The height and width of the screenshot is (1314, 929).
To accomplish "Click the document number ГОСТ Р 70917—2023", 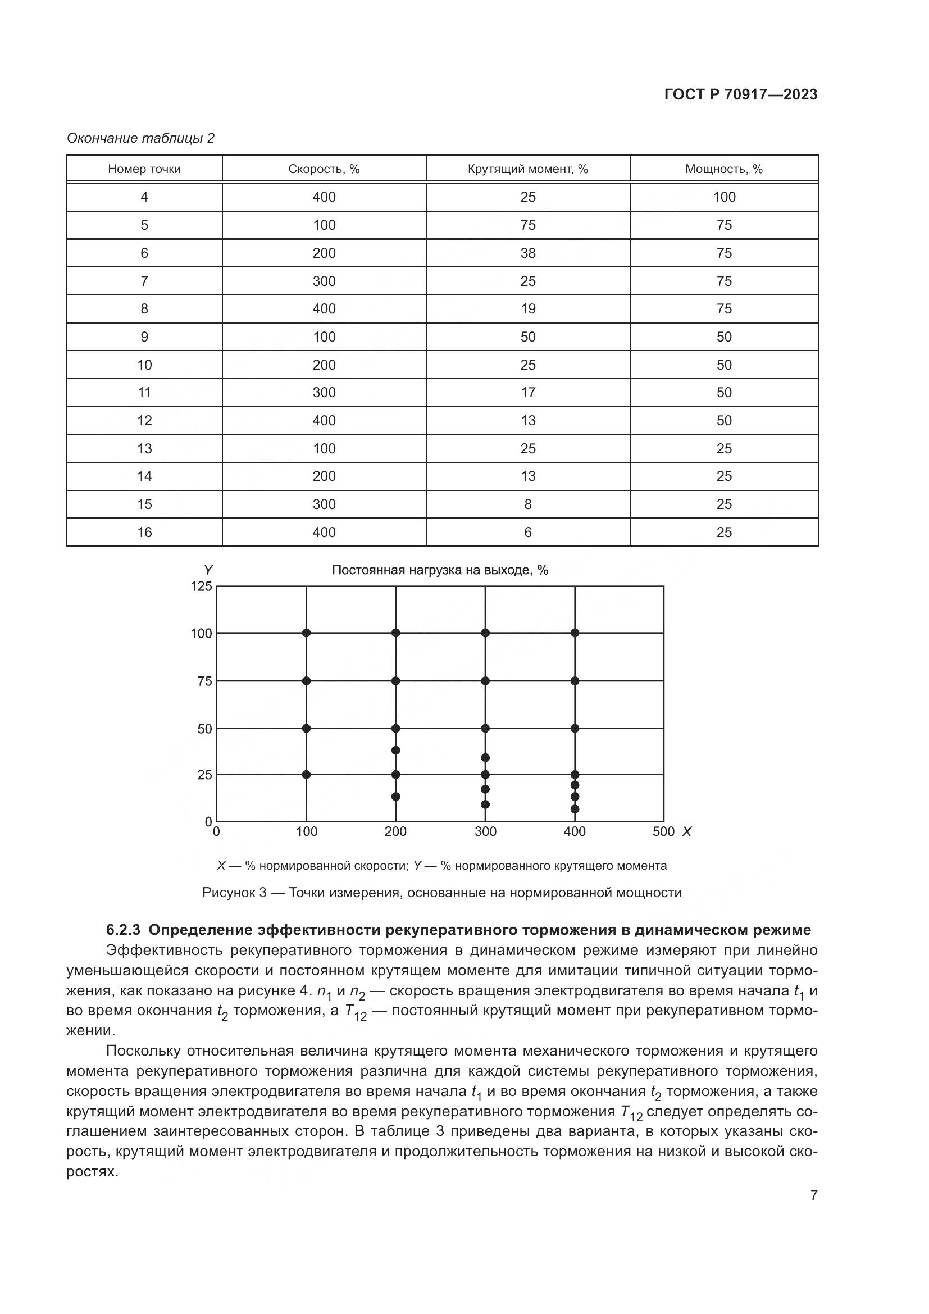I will coord(741,94).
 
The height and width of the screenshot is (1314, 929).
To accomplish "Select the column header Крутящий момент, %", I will coord(527,169).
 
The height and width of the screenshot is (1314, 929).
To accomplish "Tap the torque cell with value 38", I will coord(527,253).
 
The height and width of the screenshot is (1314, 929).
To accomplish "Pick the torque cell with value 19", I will coord(527,309).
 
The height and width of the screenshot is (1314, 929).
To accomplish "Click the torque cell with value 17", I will coord(527,393).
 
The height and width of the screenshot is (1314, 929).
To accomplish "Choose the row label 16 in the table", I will coord(144,532).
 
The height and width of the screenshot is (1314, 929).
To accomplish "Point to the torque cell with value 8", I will coord(527,504).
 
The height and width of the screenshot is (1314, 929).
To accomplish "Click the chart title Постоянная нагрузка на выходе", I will coord(439,570).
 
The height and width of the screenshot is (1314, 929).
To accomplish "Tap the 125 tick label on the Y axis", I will coord(202,586).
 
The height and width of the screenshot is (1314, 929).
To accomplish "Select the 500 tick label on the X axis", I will coord(663,831).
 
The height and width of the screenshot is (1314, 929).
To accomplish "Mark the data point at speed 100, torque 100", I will coord(307,633).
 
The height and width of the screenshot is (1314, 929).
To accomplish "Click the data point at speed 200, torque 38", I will coord(396,751).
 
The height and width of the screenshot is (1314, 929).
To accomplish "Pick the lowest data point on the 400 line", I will coord(575,809).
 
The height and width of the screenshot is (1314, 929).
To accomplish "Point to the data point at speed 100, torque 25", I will coord(307,774).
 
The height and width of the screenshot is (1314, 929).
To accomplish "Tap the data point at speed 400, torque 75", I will coord(575,681).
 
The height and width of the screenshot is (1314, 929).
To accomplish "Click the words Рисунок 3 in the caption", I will coord(234,893).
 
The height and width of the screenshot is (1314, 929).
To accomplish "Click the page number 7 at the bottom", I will coord(813,1195).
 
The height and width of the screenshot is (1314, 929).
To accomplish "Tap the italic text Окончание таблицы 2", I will coord(141,138).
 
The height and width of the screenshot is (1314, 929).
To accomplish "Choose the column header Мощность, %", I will coord(723,169).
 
